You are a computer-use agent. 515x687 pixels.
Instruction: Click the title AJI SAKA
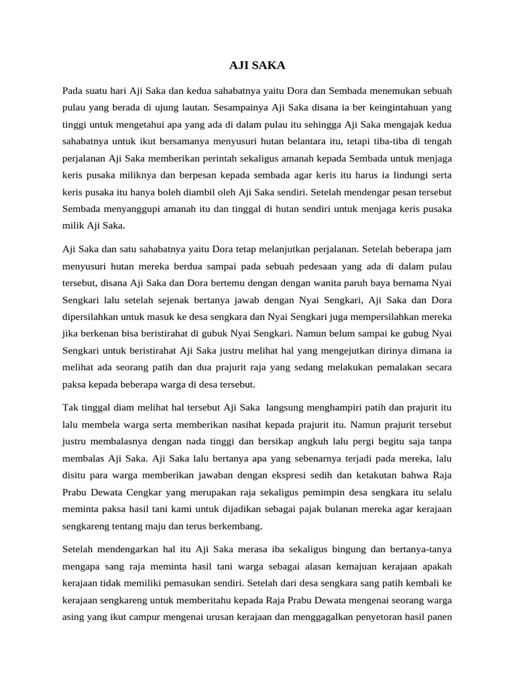click(x=257, y=65)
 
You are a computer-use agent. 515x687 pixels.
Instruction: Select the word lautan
click(x=191, y=107)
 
